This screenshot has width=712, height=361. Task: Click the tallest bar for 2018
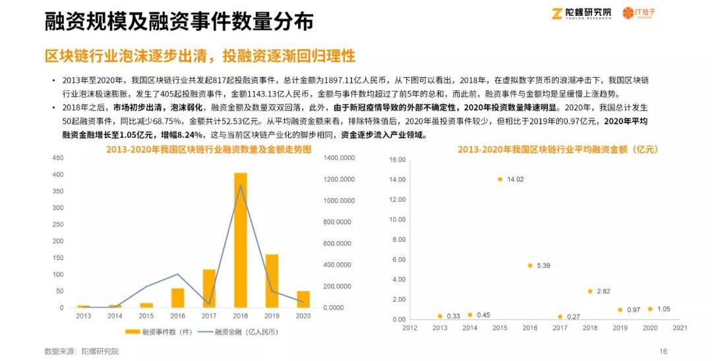click(241, 240)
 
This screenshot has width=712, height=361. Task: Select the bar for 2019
click(272, 281)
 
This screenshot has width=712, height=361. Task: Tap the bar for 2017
click(209, 289)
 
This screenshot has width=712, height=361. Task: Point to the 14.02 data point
click(500, 179)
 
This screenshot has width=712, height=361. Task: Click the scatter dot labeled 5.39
click(529, 265)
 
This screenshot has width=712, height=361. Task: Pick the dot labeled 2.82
click(590, 291)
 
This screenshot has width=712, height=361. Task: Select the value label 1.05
click(663, 309)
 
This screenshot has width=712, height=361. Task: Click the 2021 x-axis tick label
click(680, 327)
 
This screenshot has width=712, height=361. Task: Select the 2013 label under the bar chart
click(83, 316)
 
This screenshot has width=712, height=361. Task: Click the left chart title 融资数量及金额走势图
click(208, 150)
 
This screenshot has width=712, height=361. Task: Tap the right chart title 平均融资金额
click(558, 150)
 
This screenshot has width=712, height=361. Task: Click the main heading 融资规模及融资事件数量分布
click(179, 22)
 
